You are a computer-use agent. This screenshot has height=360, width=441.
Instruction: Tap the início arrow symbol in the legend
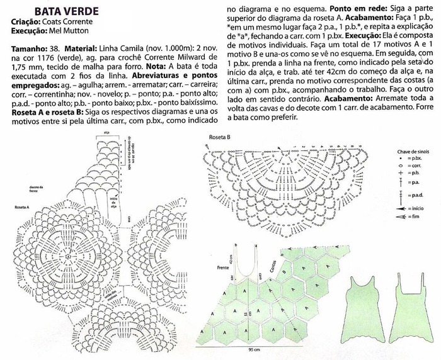[x=399, y=208]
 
